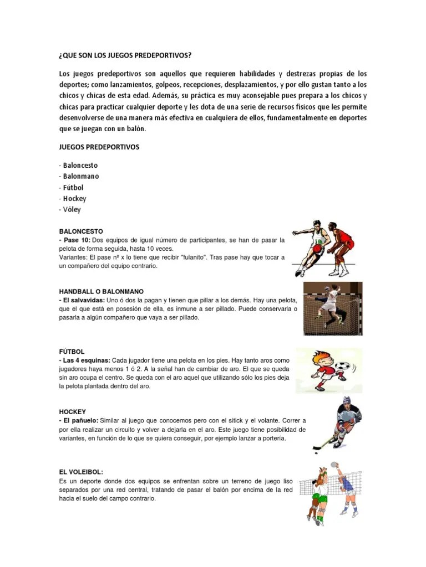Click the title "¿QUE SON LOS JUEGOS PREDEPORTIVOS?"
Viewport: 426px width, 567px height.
(125, 55)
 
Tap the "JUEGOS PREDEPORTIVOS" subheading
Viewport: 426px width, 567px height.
(99, 147)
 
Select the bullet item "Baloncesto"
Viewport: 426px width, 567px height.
(80, 166)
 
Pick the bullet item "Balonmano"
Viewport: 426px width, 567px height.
(80, 177)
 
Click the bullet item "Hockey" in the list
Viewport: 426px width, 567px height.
(74, 199)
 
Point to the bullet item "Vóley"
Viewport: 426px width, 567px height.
(72, 210)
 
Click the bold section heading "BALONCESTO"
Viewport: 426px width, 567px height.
(81, 231)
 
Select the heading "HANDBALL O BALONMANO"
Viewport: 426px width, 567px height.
(102, 291)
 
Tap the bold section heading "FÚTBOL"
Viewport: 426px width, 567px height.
(72, 352)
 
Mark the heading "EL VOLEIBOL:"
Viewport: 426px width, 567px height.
(81, 472)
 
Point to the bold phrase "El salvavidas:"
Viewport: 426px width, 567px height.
(85, 300)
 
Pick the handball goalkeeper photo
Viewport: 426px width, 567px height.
(333, 308)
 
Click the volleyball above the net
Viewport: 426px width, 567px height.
(334, 465)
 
